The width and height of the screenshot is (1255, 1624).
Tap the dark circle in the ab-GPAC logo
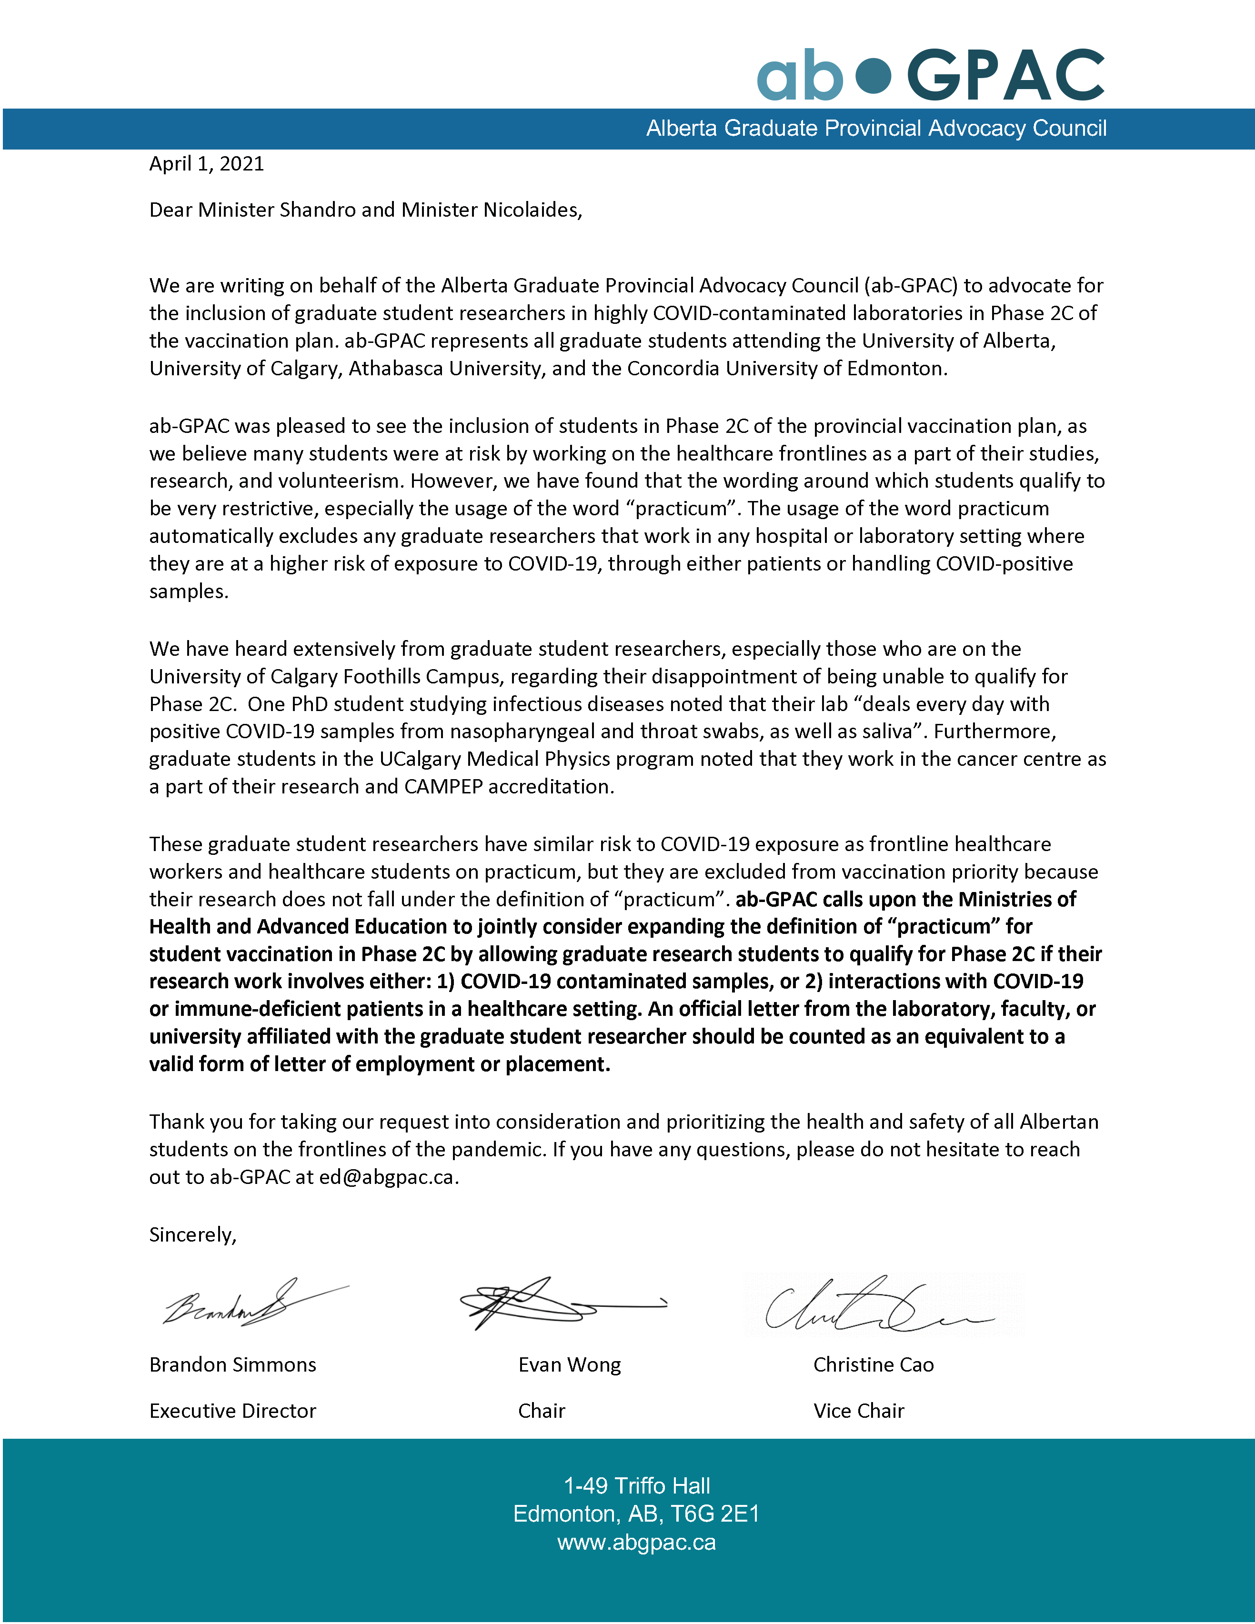(873, 76)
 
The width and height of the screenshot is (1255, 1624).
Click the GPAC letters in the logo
(1005, 76)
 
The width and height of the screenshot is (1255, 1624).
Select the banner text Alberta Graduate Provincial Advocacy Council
(876, 129)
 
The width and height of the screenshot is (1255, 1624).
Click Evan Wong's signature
(550, 1303)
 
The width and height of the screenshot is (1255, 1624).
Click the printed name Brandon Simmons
(233, 1365)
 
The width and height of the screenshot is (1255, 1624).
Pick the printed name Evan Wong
(570, 1365)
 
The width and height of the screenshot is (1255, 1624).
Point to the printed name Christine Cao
(873, 1365)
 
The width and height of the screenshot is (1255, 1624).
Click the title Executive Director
(233, 1411)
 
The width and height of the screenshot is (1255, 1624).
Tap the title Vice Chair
(859, 1411)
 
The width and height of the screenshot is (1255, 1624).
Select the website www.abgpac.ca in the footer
(636, 1543)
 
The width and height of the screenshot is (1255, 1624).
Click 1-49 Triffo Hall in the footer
(636, 1486)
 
